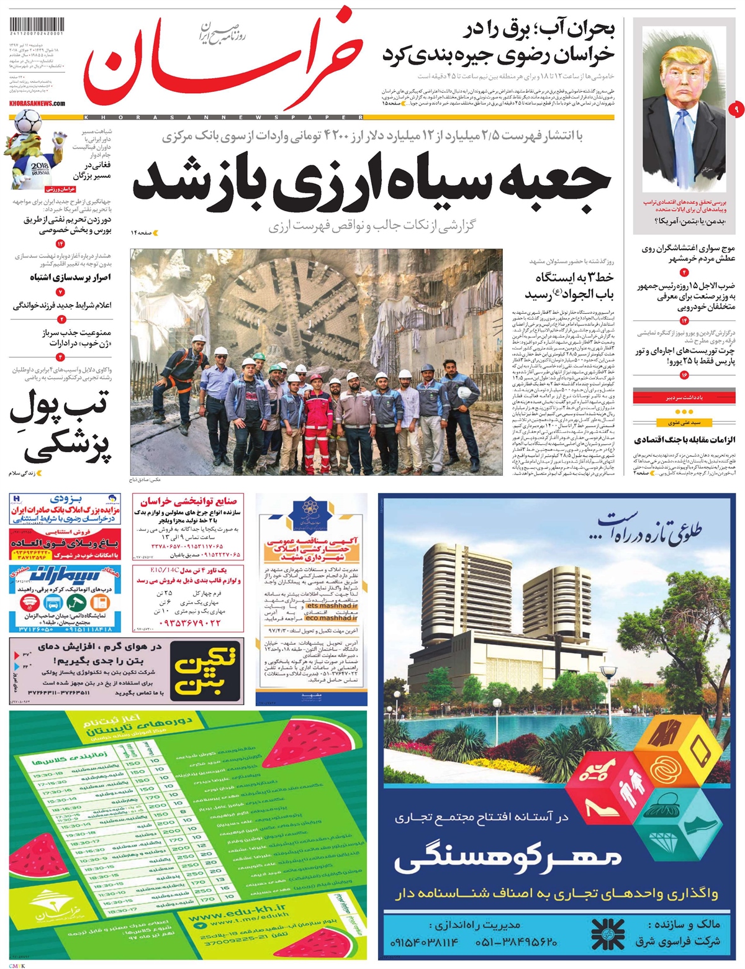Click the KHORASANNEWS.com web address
(x=37, y=103)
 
